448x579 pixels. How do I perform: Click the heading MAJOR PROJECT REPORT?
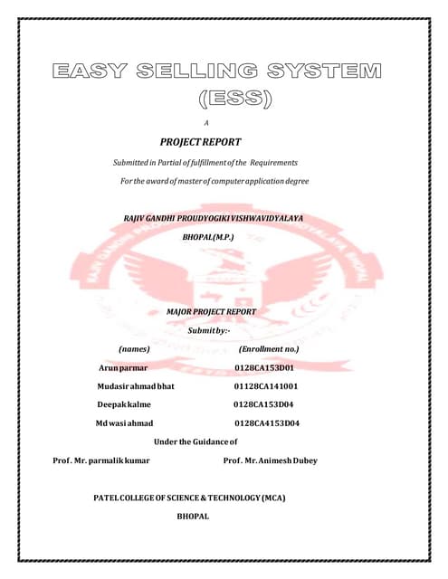212,311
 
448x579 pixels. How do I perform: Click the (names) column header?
134,348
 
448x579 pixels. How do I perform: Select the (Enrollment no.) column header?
268,348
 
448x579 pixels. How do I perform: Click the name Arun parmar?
123,368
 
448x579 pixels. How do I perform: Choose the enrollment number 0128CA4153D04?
267,422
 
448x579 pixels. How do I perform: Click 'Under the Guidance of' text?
196,441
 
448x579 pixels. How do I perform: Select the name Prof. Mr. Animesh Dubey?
270,460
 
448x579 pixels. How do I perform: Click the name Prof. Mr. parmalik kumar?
101,460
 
